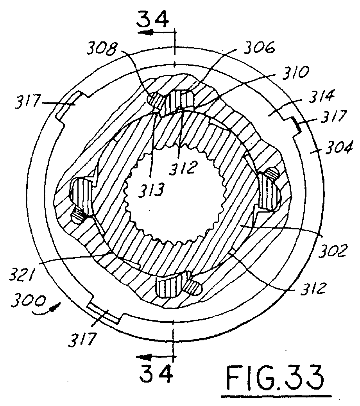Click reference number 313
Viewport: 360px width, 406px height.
(x=151, y=190)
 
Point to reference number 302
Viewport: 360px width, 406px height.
(x=333, y=250)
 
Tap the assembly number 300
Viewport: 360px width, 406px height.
(x=29, y=302)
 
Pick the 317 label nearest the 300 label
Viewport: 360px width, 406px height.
(x=82, y=339)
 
